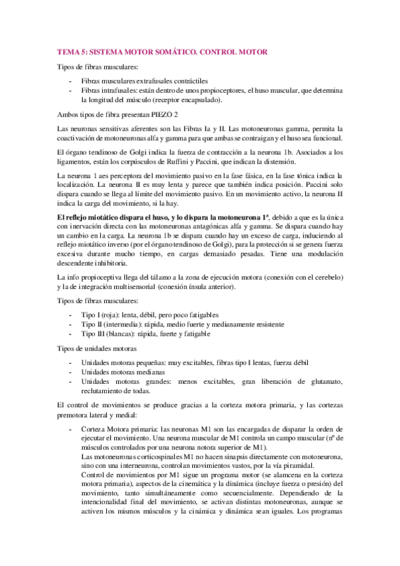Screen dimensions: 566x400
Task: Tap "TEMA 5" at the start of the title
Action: (x=72, y=51)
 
